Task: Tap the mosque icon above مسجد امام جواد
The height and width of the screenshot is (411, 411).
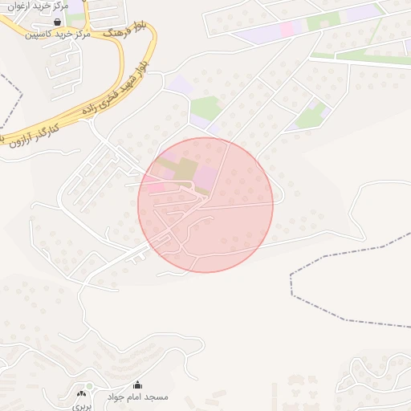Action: coord(137,385)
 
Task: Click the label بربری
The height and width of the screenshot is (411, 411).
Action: coord(82,405)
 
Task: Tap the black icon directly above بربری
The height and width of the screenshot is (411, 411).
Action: coord(80,393)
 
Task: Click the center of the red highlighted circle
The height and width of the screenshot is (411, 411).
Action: coord(205,205)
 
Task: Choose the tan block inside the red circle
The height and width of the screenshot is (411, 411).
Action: coord(184,169)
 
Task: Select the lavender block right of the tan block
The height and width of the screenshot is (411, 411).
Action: coord(206,177)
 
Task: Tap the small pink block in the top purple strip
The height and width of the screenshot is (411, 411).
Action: coord(287,29)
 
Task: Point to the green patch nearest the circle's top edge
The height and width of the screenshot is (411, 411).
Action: coord(205,108)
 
